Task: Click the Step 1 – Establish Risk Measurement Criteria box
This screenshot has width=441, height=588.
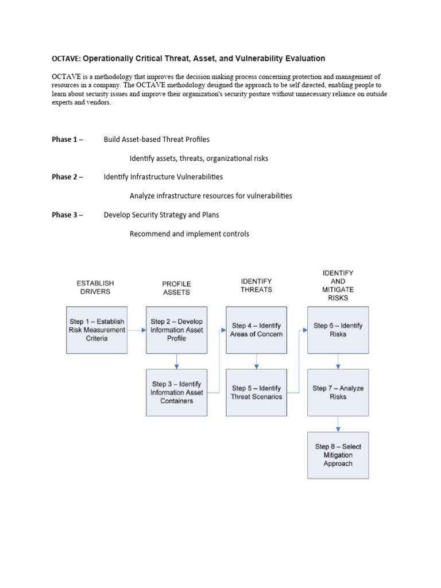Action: (x=97, y=330)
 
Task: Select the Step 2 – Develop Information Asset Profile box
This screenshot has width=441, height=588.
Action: (x=176, y=330)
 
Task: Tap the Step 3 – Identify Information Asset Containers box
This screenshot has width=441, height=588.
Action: (x=176, y=392)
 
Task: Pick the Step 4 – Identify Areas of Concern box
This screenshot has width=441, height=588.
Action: (x=256, y=330)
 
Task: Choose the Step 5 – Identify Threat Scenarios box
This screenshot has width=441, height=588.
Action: (x=256, y=392)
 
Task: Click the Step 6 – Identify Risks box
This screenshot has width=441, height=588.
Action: (x=338, y=330)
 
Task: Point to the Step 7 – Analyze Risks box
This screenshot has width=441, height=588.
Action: (x=338, y=392)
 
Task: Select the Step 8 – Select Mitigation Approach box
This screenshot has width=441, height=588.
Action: (x=338, y=455)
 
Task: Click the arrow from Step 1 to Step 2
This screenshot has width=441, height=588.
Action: (x=137, y=330)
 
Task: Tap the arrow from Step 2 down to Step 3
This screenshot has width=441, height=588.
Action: (x=176, y=361)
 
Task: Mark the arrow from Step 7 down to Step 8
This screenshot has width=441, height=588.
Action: (x=338, y=424)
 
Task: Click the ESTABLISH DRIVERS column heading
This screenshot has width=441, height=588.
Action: (x=95, y=287)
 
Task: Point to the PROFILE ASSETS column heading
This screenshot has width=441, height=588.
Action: (x=176, y=288)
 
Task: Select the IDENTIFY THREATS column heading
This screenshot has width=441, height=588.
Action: (x=256, y=285)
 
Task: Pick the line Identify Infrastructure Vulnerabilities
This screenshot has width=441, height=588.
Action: (x=163, y=177)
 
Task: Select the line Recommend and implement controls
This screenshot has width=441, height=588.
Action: (x=189, y=234)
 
